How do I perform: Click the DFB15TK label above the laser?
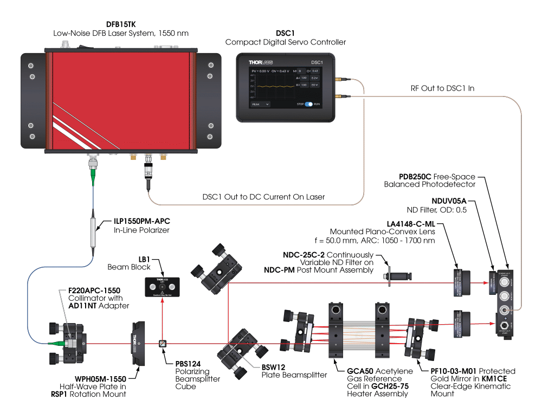tap(120, 24)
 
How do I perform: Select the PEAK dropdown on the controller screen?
tap(260, 104)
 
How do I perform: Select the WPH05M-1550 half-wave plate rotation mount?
tap(139, 342)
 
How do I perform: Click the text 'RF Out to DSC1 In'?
tap(443, 88)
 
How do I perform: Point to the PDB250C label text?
tap(415, 177)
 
